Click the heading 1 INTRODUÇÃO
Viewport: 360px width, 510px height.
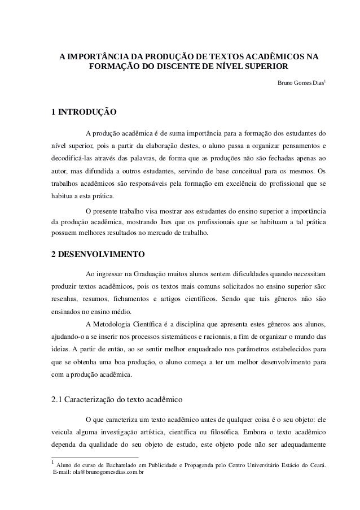[84, 112]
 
